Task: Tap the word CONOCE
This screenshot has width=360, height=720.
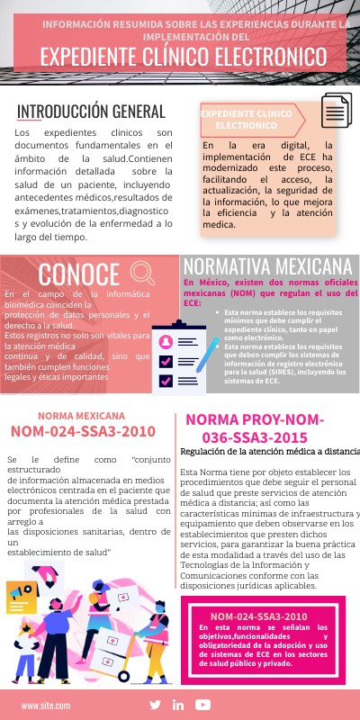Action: (x=79, y=274)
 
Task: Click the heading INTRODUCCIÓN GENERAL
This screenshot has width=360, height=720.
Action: (x=91, y=112)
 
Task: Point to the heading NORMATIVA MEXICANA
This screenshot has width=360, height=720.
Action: (x=267, y=266)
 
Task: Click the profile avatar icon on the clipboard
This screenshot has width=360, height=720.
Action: (x=166, y=342)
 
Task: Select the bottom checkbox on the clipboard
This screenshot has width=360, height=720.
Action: (x=166, y=382)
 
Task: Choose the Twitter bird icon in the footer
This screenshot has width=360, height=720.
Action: (x=156, y=680)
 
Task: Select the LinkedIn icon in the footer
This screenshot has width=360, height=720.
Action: (x=178, y=680)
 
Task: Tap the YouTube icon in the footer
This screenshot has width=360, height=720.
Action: (x=202, y=680)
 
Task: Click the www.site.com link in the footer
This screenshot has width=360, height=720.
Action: (x=46, y=681)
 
